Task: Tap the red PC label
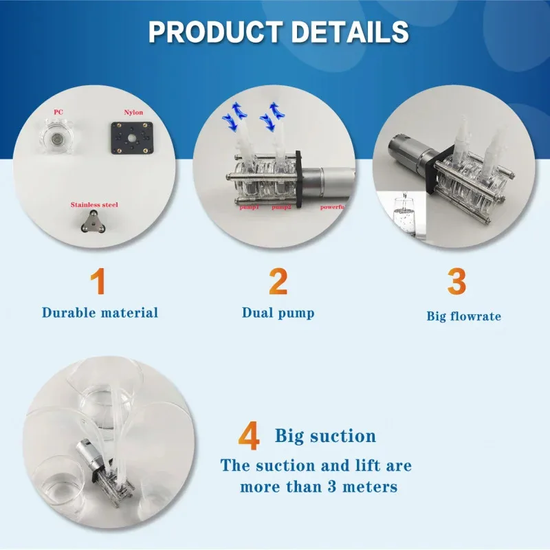pyautogui.click(x=58, y=111)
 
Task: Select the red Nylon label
pyautogui.click(x=133, y=111)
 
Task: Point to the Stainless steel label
pyautogui.click(x=94, y=205)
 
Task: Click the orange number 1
pyautogui.click(x=100, y=282)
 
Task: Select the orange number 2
pyautogui.click(x=278, y=282)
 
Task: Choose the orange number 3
pyautogui.click(x=456, y=282)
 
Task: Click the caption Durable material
pyautogui.click(x=100, y=313)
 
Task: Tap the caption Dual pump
pyautogui.click(x=278, y=313)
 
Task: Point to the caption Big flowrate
pyautogui.click(x=463, y=316)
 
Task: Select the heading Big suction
pyautogui.click(x=325, y=436)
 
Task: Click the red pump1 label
pyautogui.click(x=248, y=206)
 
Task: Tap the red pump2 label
pyautogui.click(x=282, y=206)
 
